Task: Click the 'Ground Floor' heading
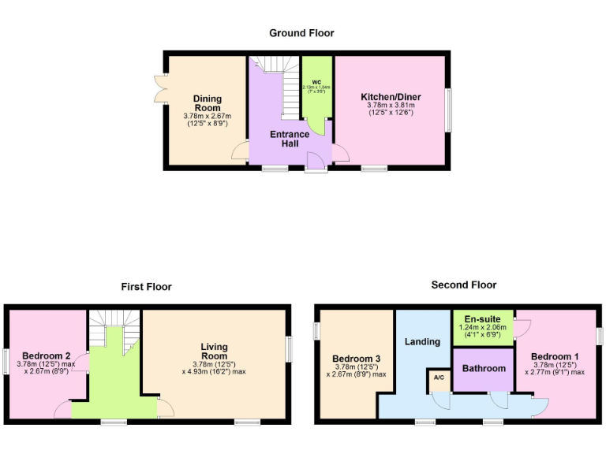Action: click(301, 33)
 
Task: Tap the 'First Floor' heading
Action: click(146, 287)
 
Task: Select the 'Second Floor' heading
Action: click(464, 285)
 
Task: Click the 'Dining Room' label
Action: click(208, 103)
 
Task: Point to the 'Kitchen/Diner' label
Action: click(391, 97)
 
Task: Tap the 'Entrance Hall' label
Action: click(290, 140)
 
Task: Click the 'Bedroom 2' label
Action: click(47, 355)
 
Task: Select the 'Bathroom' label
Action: click(484, 368)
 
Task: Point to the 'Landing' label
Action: click(422, 341)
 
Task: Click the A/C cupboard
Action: click(438, 378)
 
